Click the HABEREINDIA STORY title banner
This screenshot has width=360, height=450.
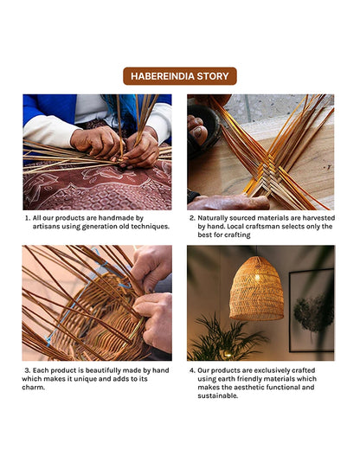tap(180, 76)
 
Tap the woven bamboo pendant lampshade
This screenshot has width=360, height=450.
tap(256, 288)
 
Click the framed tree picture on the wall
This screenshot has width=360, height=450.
tap(312, 310)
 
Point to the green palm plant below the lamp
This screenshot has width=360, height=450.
tap(227, 339)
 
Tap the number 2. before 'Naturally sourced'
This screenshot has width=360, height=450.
tap(192, 218)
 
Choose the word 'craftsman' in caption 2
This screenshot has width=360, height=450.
tap(262, 227)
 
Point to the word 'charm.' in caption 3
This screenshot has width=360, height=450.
tap(34, 387)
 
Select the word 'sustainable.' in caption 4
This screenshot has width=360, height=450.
tap(218, 395)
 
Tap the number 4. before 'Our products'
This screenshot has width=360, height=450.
tap(192, 370)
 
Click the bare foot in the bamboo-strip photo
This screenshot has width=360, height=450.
tap(197, 130)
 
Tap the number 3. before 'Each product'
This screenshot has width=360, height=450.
tap(28, 370)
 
